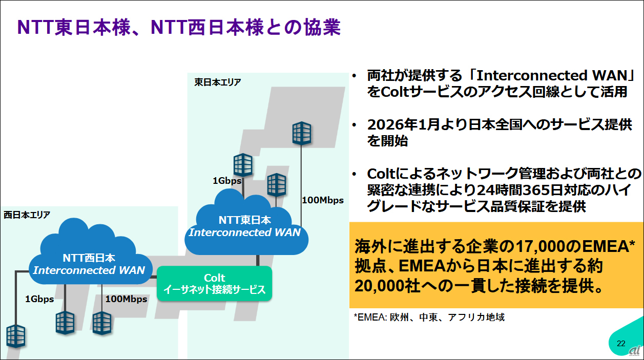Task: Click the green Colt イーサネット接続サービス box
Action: click(214, 283)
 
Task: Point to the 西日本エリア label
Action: click(27, 215)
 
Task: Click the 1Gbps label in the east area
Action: click(227, 180)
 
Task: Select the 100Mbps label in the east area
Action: click(323, 200)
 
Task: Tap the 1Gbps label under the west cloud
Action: click(39, 299)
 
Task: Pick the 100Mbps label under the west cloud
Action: click(126, 299)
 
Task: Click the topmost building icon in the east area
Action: click(302, 133)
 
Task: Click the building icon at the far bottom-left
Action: click(15, 335)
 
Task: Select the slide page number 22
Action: click(621, 343)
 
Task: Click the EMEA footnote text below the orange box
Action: click(429, 317)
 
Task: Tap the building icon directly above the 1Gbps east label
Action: click(243, 164)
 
